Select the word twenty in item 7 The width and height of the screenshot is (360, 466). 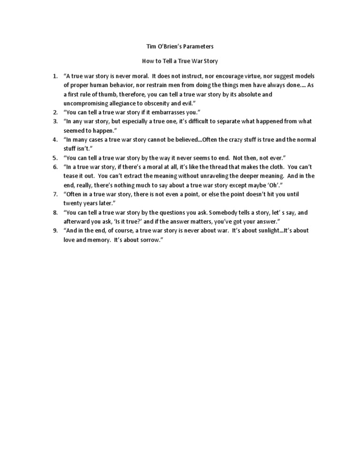(73, 203)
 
